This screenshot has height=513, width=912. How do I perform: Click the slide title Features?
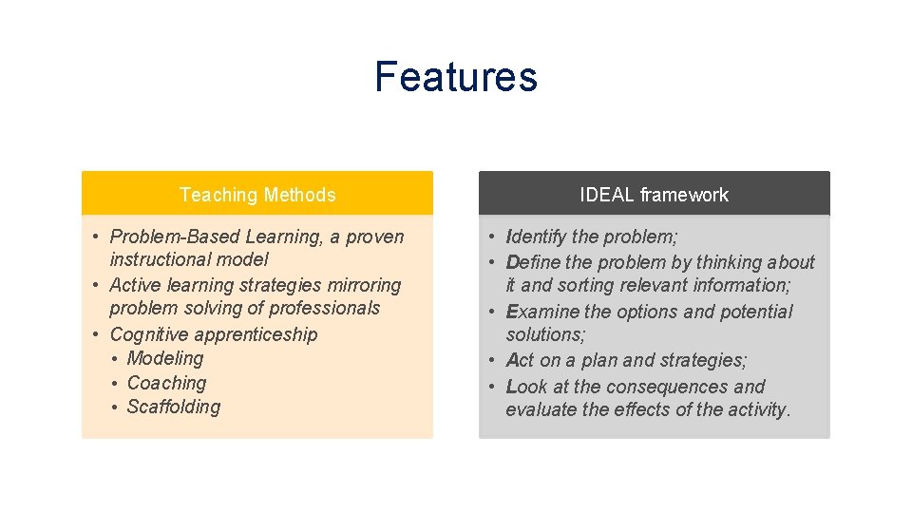tap(456, 77)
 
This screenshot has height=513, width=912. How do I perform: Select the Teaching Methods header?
tap(257, 195)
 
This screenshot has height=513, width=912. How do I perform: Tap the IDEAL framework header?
tap(654, 195)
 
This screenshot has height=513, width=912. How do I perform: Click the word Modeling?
tap(165, 358)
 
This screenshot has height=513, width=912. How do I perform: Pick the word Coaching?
tap(166, 383)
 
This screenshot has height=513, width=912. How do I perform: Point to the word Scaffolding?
tap(174, 407)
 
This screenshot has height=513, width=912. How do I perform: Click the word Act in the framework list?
tap(521, 360)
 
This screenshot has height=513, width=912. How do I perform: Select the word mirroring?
tap(366, 285)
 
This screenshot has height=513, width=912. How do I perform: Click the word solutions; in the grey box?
tap(545, 334)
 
